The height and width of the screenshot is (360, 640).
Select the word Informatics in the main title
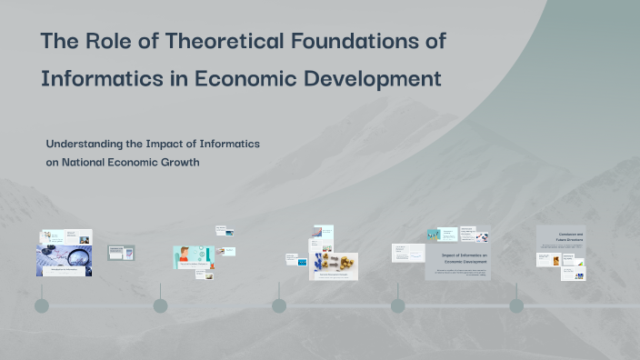click(x=99, y=79)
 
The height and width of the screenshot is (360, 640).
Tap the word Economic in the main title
click(x=238, y=79)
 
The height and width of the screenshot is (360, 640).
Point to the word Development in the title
click(x=372, y=79)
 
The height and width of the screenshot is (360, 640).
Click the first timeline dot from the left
click(x=42, y=305)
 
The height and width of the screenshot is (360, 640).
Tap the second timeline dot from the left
click(x=160, y=305)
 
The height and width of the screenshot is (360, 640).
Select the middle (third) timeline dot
click(x=279, y=305)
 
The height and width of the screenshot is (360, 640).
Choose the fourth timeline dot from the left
click(x=397, y=305)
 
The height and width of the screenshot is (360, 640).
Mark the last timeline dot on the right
click(x=516, y=305)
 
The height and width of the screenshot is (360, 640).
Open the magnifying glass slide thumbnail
click(x=64, y=260)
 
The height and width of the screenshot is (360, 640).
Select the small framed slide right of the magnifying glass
click(x=121, y=253)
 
